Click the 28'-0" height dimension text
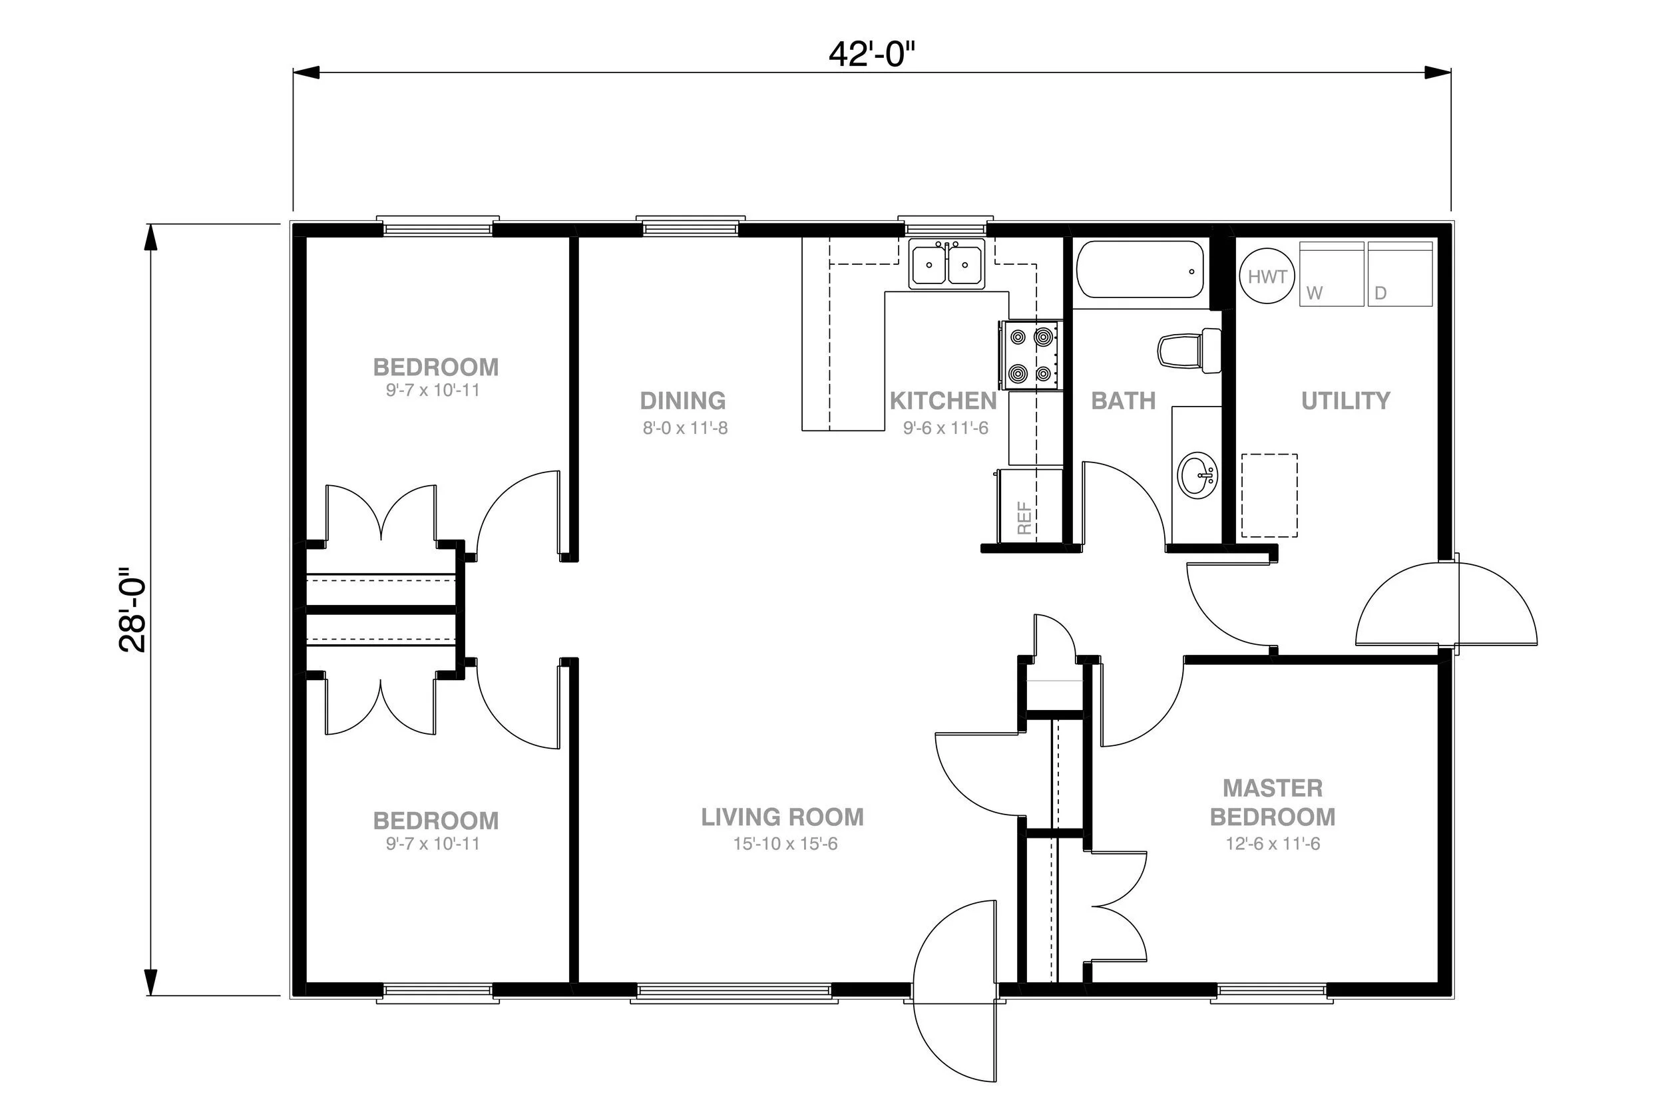click(132, 609)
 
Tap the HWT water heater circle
click(1267, 276)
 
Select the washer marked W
click(1331, 274)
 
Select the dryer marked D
click(1400, 274)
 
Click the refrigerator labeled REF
click(1029, 506)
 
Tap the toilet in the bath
click(1190, 351)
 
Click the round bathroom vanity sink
click(1197, 475)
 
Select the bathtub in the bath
click(1140, 270)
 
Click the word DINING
click(682, 401)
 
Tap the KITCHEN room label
click(942, 401)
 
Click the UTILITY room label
click(1345, 401)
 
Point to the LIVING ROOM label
click(782, 817)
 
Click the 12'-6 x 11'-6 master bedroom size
click(1273, 844)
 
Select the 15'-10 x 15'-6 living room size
click(785, 844)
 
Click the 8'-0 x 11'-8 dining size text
click(685, 427)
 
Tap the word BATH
click(1123, 401)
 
